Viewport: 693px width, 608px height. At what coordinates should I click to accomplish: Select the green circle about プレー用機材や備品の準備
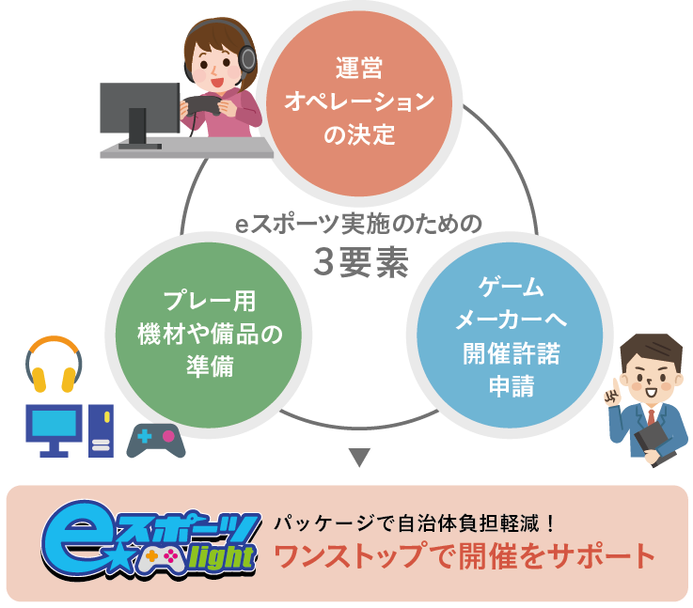[x=209, y=334]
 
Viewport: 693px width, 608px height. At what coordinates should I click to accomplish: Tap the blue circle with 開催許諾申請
[x=511, y=334]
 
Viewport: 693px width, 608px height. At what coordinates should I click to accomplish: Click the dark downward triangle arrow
[x=360, y=459]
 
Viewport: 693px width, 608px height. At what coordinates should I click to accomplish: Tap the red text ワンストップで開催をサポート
[x=465, y=556]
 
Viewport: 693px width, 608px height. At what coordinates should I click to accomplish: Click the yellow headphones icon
[x=54, y=366]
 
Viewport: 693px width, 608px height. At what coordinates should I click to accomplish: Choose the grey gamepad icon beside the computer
[x=156, y=439]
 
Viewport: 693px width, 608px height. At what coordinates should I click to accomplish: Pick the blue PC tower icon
[x=101, y=429]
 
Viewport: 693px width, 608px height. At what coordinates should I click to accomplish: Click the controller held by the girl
[x=201, y=106]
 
